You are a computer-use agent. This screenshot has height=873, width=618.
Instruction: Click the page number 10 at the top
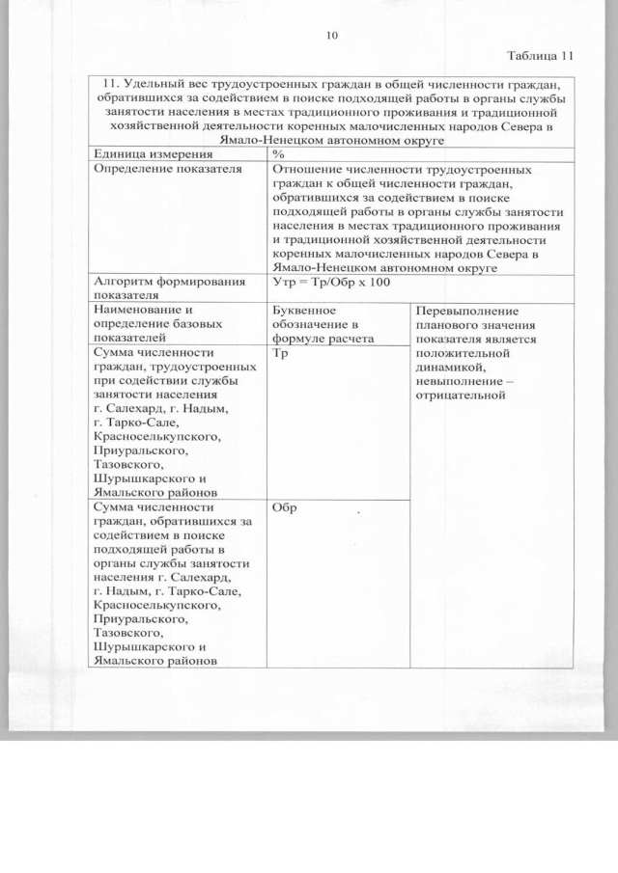[333, 36]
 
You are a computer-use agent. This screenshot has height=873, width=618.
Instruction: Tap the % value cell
[278, 154]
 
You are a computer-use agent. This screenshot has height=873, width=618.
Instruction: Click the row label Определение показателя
[154, 168]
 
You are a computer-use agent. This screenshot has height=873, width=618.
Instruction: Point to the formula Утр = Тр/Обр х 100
[332, 282]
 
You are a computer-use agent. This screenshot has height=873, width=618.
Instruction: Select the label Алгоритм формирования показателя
[163, 288]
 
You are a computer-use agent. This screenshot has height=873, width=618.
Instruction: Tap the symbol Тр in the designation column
[282, 354]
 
